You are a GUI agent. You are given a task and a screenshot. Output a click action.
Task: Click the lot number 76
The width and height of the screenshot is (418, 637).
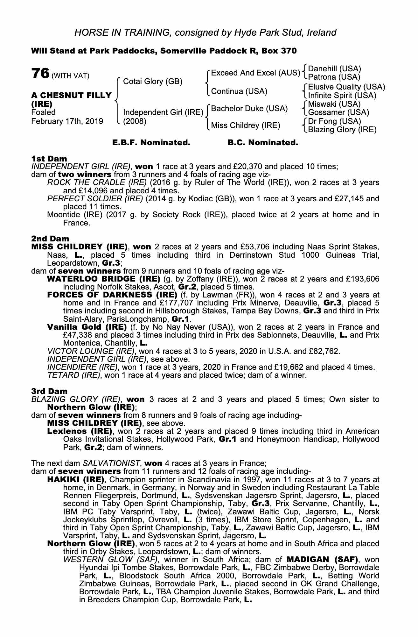pos(40,74)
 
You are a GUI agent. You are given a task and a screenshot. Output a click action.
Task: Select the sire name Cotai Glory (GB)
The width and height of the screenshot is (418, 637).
pos(153,82)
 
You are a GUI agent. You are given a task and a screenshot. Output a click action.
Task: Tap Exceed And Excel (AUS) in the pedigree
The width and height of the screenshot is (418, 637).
pos(256,73)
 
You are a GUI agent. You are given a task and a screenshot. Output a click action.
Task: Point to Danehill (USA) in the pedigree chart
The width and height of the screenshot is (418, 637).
pos(335,69)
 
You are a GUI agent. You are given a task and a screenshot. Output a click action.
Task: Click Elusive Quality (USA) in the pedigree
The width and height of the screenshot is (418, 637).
pos(346,87)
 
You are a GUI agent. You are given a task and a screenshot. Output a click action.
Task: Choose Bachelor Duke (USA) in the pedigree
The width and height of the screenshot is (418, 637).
pos(249,109)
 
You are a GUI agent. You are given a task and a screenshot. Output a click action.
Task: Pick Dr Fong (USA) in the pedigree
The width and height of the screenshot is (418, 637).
pos(334,121)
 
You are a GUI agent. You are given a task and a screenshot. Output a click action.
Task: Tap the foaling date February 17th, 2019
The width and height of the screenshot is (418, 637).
pos(67,121)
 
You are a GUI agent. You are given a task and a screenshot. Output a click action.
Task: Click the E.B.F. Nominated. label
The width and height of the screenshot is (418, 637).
pos(151,143)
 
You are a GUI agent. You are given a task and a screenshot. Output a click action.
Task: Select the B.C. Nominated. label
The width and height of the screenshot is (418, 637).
pos(263,143)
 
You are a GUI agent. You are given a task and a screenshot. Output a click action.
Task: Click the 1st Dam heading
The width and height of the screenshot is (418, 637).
pos(49,159)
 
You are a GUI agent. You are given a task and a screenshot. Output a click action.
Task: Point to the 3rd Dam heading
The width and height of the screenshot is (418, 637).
pos(50,391)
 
